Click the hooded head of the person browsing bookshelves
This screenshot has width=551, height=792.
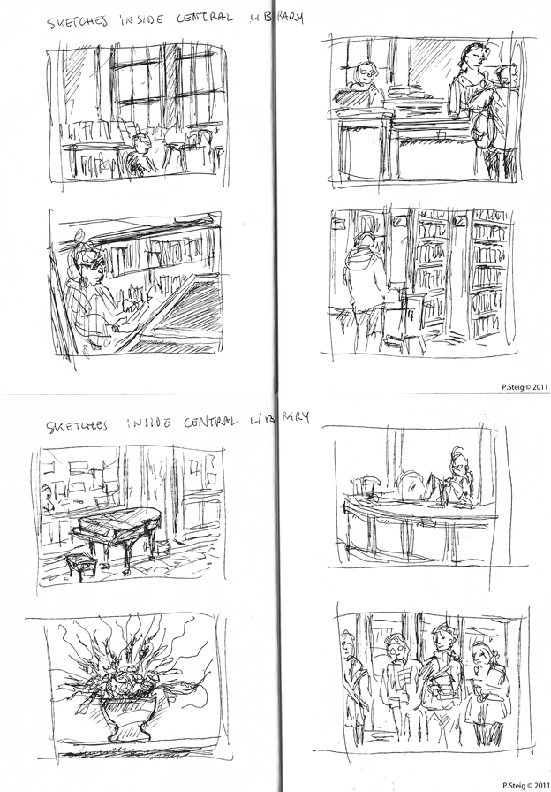(365, 247)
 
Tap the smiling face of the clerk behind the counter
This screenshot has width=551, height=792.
(364, 74)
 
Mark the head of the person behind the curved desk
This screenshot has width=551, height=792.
(456, 463)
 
